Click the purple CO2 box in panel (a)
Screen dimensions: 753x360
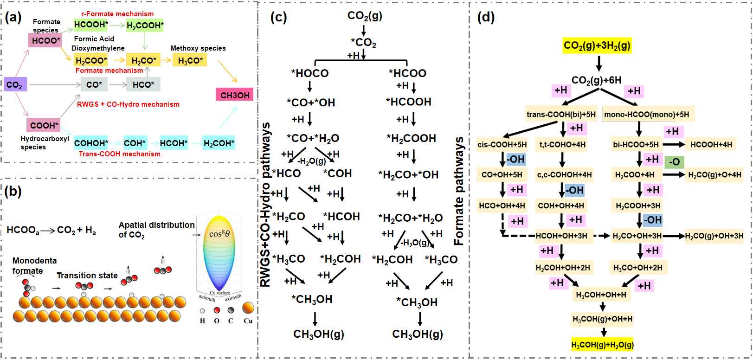pyautogui.click(x=15, y=84)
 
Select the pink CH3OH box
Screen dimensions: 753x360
pyautogui.click(x=235, y=95)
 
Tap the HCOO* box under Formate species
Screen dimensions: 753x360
pyautogui.click(x=45, y=40)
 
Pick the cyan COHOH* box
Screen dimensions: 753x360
pyautogui.click(x=91, y=143)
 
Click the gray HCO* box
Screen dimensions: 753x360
pyautogui.click(x=143, y=84)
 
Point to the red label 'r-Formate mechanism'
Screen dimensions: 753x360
pyautogui.click(x=117, y=14)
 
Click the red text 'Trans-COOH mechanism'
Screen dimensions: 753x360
pyautogui.click(x=119, y=154)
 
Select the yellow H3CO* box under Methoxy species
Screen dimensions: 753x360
pyautogui.click(x=190, y=60)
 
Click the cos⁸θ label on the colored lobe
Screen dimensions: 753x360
pyautogui.click(x=219, y=233)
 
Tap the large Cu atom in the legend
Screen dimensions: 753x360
pyautogui.click(x=248, y=308)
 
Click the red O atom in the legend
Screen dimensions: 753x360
pyautogui.click(x=217, y=310)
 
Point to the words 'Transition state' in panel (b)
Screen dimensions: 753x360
pyautogui.click(x=87, y=275)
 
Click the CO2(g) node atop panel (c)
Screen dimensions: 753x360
pyautogui.click(x=365, y=16)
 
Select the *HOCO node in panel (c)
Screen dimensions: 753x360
pyautogui.click(x=309, y=73)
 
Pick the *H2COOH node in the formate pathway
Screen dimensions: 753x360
pyautogui.click(x=411, y=138)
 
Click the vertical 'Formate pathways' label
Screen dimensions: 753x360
pyautogui.click(x=459, y=191)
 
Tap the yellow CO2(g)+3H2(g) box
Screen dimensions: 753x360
pyautogui.click(x=597, y=45)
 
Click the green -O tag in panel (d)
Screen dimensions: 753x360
pyautogui.click(x=674, y=162)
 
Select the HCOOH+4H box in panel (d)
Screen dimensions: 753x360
pyautogui.click(x=711, y=145)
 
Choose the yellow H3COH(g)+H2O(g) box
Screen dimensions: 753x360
pyautogui.click(x=602, y=345)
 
